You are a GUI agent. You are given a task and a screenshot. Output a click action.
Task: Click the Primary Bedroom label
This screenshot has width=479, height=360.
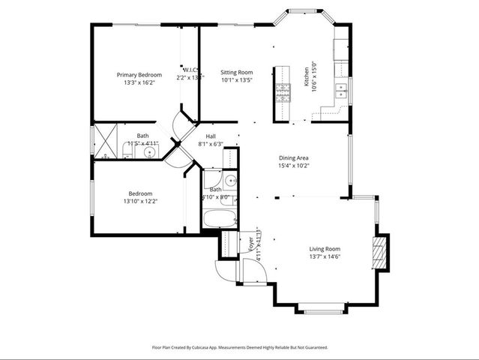139,75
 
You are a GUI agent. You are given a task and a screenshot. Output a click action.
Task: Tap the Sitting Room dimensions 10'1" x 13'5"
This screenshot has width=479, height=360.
236,80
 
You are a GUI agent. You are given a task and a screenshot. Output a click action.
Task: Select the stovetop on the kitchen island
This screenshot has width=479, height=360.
283,93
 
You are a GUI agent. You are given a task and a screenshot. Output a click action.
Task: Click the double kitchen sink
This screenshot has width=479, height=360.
340,91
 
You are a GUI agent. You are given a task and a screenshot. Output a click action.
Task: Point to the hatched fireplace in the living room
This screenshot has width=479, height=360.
380,253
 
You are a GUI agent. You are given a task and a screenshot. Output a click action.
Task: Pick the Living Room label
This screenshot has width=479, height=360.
325,249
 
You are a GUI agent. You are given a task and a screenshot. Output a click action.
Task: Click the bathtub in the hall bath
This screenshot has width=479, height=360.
220,219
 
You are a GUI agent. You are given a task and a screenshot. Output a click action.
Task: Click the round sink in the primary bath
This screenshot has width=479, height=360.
150,152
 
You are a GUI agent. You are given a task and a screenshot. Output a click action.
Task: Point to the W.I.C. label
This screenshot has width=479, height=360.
190,70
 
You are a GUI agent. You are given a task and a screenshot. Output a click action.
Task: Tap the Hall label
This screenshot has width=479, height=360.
211,136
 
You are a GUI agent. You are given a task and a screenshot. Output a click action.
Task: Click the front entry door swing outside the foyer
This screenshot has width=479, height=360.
226,271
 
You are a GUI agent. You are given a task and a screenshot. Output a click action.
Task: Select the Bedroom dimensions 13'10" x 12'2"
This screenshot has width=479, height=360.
139,201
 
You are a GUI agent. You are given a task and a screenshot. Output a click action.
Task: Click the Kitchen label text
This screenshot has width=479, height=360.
306,76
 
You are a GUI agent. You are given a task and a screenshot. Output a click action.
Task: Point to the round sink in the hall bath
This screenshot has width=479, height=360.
229,181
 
